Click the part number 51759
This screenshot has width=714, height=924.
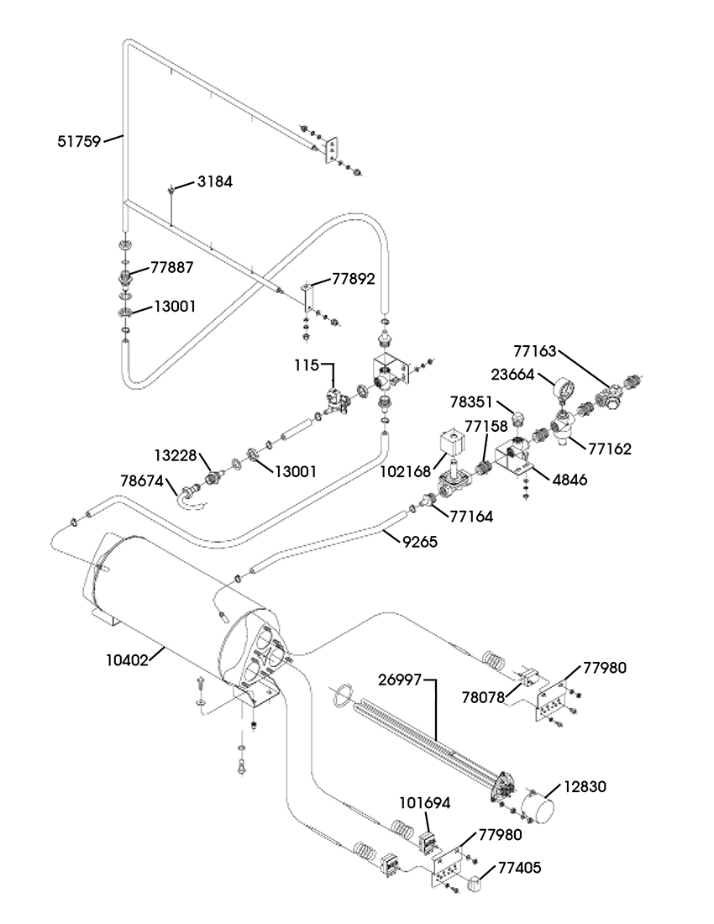tap(79, 141)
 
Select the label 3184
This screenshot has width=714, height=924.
tap(214, 181)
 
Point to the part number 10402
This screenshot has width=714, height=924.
tap(127, 660)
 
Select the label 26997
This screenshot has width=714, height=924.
tap(400, 680)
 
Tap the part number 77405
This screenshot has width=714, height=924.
tap(520, 868)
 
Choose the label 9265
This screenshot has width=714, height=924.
tap(420, 541)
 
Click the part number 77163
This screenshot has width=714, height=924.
tap(534, 351)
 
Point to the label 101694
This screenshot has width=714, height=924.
tap(425, 802)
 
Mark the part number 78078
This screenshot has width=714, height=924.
tap(483, 697)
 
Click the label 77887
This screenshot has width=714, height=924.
tap(172, 267)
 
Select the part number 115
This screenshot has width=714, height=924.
tap(307, 365)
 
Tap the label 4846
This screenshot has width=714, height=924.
tap(570, 480)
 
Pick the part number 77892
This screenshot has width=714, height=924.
tap(354, 279)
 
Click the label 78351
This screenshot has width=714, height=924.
tap(470, 402)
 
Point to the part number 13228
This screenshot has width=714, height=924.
tap(176, 455)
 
